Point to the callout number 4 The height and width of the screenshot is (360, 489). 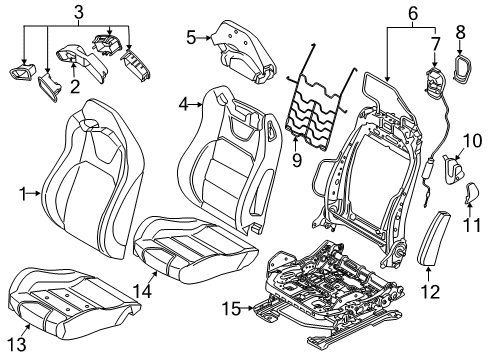coord(184,103)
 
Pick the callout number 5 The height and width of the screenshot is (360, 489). coord(191,39)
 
